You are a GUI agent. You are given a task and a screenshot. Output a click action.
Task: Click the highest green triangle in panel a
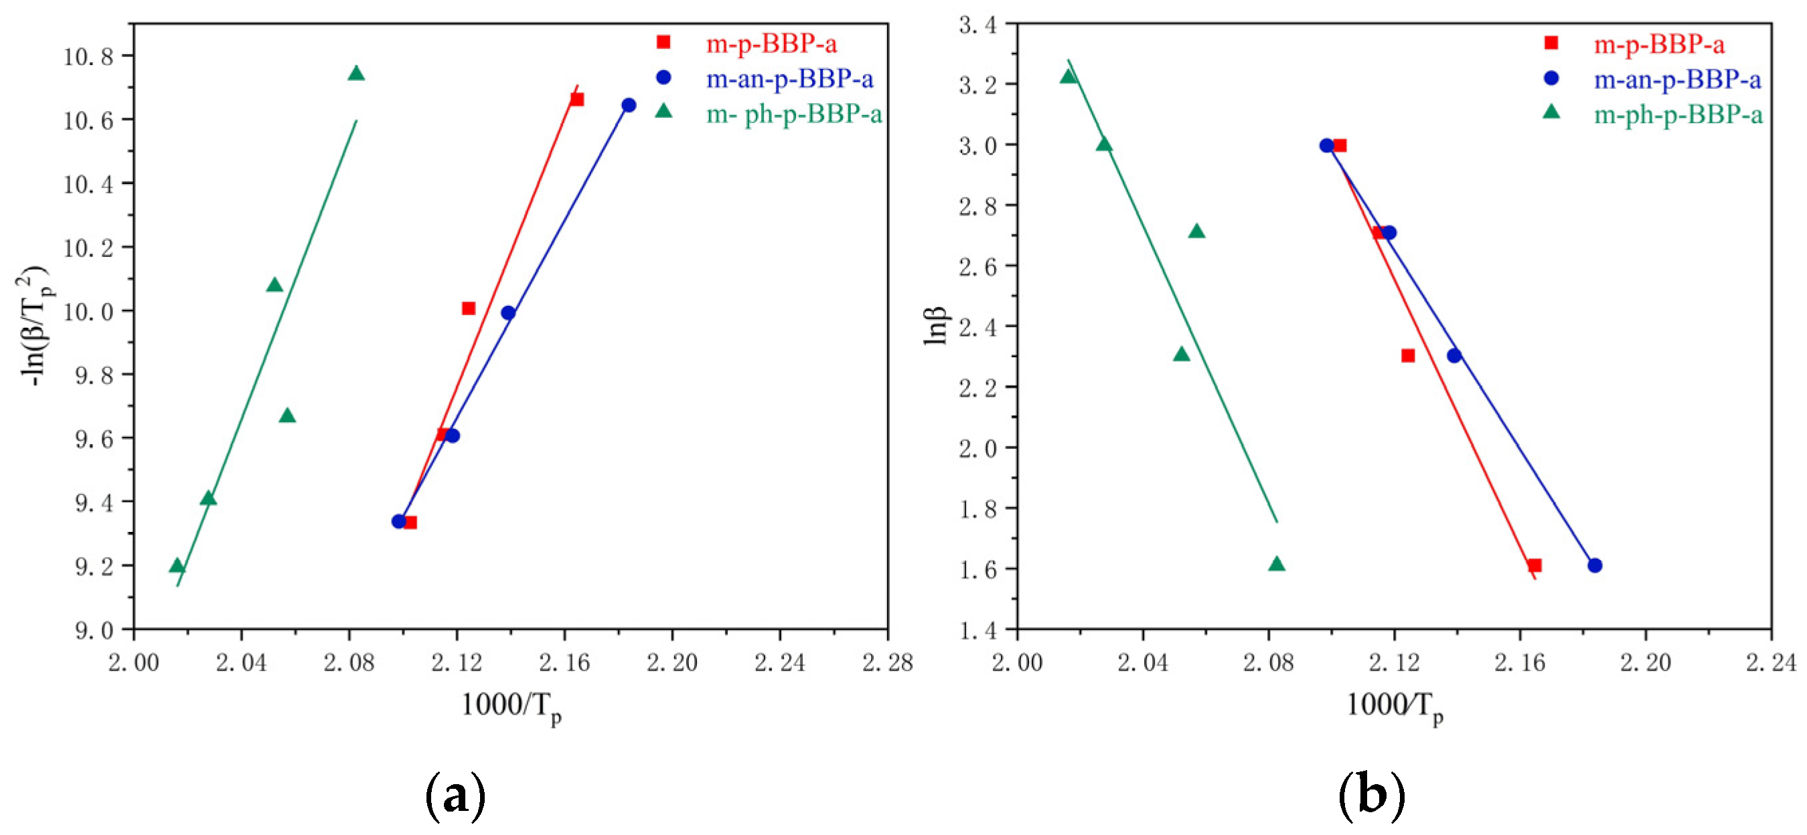click(356, 74)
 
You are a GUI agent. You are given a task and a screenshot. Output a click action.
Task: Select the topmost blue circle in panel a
click(629, 105)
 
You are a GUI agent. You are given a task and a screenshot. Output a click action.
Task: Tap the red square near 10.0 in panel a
click(469, 308)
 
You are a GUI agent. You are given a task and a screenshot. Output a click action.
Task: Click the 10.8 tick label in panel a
click(88, 56)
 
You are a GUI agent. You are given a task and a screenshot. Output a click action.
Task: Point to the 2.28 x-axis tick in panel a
click(887, 662)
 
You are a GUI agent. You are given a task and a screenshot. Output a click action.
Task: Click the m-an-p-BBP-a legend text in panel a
click(789, 79)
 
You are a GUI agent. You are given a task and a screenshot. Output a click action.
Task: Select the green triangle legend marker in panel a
click(663, 112)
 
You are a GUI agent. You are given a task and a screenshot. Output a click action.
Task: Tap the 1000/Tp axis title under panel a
click(512, 705)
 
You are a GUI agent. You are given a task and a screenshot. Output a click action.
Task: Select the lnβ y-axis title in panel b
click(936, 326)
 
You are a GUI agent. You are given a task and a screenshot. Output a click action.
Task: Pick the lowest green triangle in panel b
click(1277, 563)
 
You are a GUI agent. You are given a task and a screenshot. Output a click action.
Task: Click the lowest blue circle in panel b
click(1595, 565)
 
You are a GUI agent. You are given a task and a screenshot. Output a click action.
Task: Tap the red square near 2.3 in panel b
click(1408, 355)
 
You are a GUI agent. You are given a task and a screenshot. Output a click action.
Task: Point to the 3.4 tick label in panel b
click(977, 26)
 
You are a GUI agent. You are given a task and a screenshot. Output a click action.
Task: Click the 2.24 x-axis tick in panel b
click(1771, 662)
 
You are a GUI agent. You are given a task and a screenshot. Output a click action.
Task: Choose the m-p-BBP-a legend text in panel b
click(1659, 45)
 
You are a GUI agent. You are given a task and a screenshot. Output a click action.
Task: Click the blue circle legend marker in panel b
click(1551, 78)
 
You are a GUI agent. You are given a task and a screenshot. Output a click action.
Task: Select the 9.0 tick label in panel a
click(94, 630)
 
